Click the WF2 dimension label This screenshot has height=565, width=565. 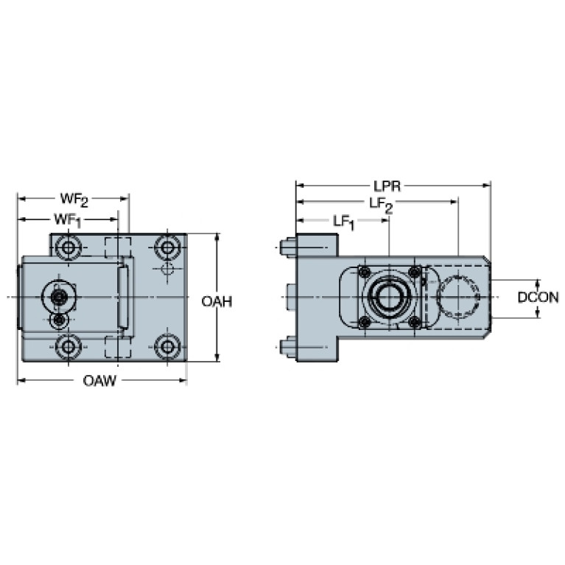[x=74, y=200]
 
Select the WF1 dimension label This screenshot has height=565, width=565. [x=67, y=220]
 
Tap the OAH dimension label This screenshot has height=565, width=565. [x=217, y=301]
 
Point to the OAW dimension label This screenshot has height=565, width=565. [x=99, y=381]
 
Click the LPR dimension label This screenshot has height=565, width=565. [x=387, y=186]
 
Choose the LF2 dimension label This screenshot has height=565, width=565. [x=381, y=205]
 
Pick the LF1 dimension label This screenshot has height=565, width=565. [x=344, y=222]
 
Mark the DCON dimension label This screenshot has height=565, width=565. [x=538, y=298]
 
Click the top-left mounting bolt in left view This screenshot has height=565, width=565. [x=68, y=248]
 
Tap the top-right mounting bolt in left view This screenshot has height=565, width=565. [x=167, y=248]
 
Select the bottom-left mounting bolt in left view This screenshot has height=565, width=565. [x=68, y=347]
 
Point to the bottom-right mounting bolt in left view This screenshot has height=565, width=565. [x=167, y=347]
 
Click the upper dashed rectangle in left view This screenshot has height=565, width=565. [x=117, y=248]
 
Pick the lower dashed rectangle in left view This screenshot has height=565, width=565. [x=117, y=347]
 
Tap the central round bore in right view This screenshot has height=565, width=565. [x=389, y=298]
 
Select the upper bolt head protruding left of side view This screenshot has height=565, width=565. [x=288, y=248]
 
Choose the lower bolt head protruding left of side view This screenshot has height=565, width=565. [x=288, y=347]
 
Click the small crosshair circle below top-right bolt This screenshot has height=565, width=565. [x=167, y=269]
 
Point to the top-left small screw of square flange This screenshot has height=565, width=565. [x=365, y=271]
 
